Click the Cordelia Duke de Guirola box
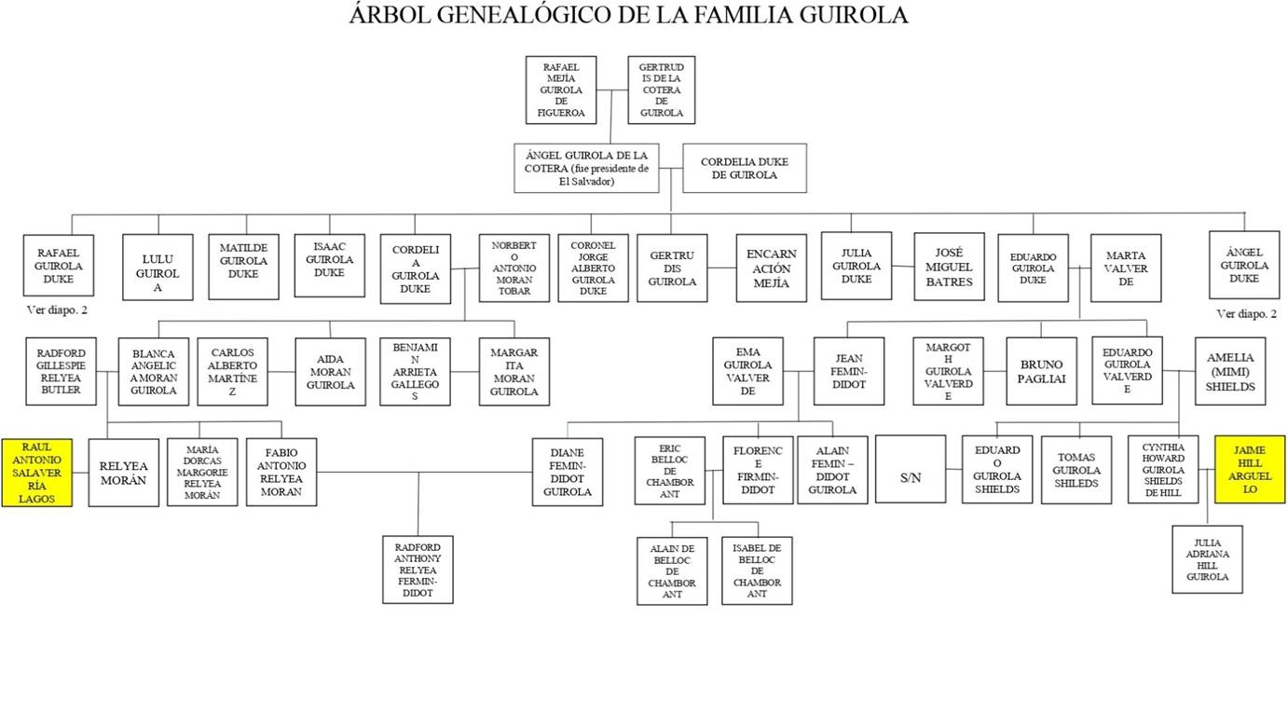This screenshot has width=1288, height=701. coord(744,168)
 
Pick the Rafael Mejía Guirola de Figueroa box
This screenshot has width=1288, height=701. coord(560,89)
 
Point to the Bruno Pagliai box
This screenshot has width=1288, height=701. coord(1041,371)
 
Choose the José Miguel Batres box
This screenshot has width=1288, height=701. coord(949,267)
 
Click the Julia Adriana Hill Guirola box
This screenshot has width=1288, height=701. coord(1207,558)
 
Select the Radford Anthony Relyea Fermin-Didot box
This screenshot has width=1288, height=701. coord(418,569)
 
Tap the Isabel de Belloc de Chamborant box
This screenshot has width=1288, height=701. coord(757,570)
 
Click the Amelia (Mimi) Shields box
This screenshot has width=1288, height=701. coord(1230,371)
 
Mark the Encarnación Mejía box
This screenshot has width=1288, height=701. coord(771,268)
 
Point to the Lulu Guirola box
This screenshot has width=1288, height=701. coord(158,268)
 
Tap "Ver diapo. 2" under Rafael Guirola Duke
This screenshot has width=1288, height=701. coord(57,309)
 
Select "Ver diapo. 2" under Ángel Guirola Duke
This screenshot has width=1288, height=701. coord(1247,314)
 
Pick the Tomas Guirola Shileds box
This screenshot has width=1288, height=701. coord(1076,470)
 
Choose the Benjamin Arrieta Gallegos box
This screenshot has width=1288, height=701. coord(415,371)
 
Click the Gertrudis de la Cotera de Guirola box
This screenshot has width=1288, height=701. coord(661,89)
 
